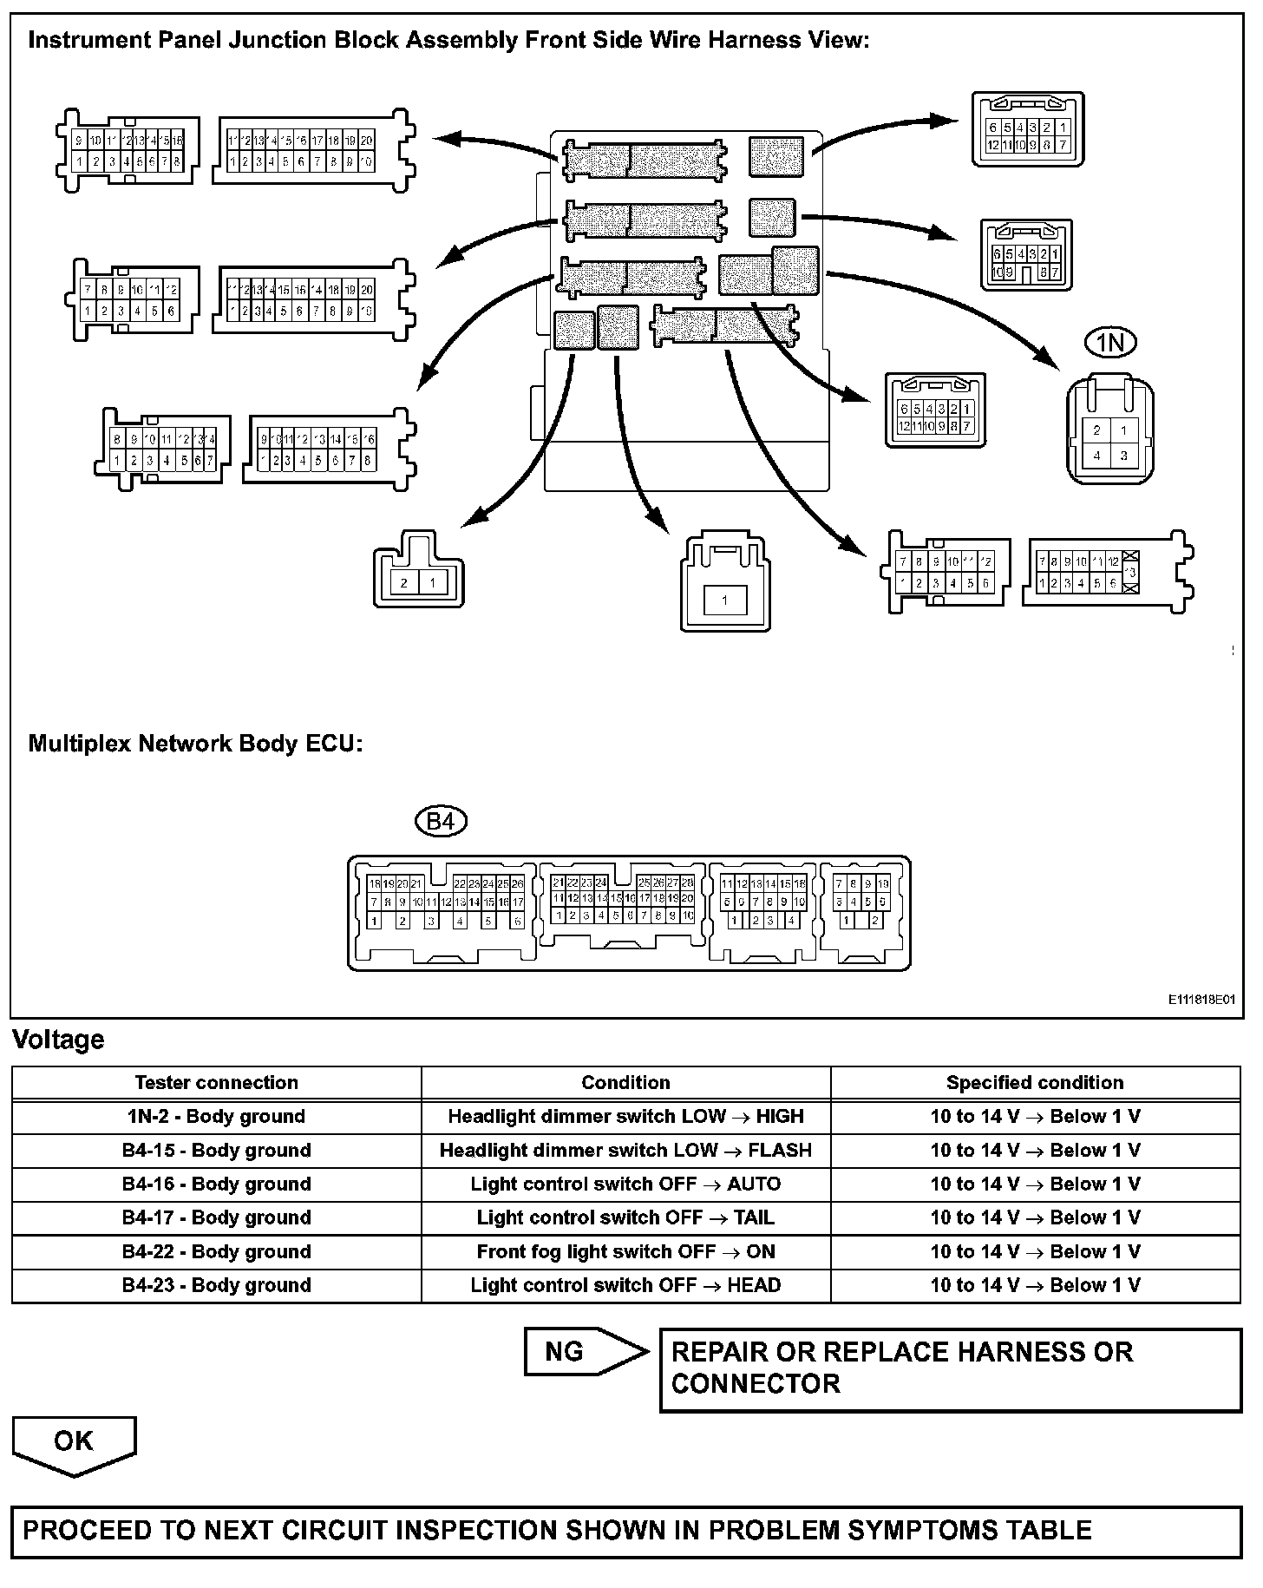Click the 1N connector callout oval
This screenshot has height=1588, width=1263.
click(1110, 343)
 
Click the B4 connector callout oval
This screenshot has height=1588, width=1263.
click(442, 821)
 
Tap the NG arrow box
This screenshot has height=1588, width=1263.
click(586, 1352)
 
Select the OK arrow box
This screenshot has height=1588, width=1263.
click(74, 1442)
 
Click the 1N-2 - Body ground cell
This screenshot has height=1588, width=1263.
click(216, 1117)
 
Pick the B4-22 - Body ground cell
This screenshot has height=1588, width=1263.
click(216, 1252)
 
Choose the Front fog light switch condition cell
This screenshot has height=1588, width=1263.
click(625, 1252)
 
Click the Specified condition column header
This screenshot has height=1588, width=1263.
click(1034, 1083)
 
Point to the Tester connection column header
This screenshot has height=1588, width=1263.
click(216, 1083)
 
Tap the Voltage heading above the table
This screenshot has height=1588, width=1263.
click(58, 1040)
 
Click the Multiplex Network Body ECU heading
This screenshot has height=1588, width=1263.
click(195, 744)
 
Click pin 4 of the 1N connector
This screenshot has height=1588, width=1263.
click(1097, 456)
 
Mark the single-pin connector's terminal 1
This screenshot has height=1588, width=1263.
click(724, 600)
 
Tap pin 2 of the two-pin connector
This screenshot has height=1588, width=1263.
click(403, 583)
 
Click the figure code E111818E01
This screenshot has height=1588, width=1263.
click(1201, 1000)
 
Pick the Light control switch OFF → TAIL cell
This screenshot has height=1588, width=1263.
click(625, 1218)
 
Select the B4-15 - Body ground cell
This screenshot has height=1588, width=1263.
click(216, 1151)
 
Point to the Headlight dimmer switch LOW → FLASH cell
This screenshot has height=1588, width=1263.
click(625, 1151)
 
